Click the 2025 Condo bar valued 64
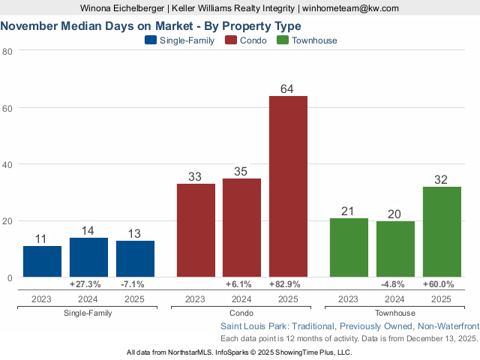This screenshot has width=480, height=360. (x=288, y=187)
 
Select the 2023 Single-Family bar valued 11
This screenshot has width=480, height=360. (x=42, y=262)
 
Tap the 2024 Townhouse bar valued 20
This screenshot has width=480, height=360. (x=395, y=249)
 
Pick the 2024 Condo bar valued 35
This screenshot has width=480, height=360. (x=241, y=228)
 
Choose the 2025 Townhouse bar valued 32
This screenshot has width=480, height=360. (x=442, y=232)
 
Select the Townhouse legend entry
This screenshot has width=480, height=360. (x=307, y=40)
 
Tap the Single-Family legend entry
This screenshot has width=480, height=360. (x=180, y=40)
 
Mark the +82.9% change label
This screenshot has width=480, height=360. (x=288, y=285)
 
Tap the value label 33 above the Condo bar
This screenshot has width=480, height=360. (x=195, y=177)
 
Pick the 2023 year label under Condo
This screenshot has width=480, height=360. (x=195, y=299)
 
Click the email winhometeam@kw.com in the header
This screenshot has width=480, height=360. (x=350, y=8)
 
